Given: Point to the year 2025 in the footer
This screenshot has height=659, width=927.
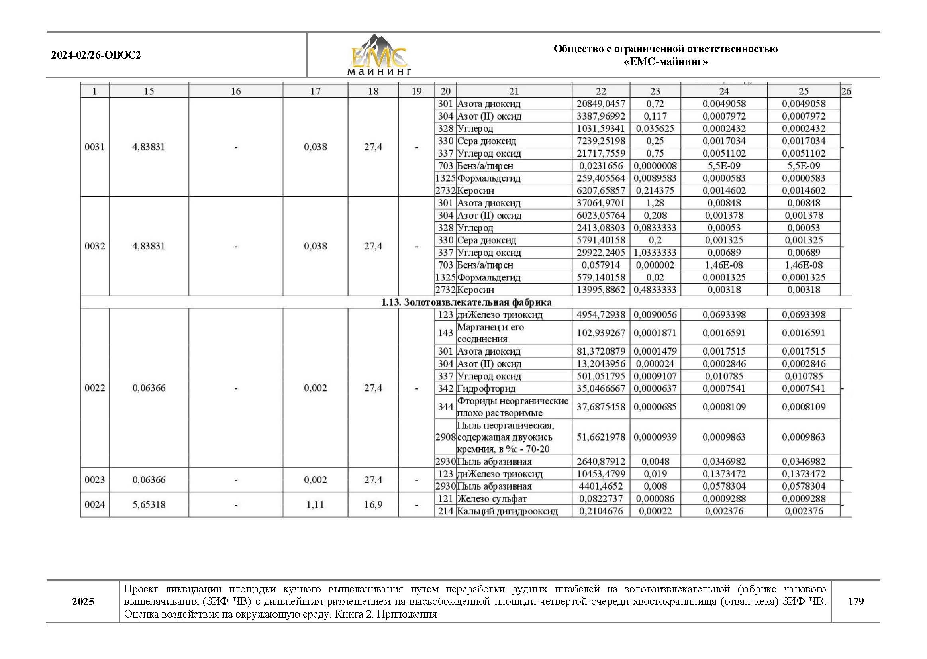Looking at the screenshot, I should (83, 601).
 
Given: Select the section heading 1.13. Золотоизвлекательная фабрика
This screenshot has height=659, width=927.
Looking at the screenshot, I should (466, 302).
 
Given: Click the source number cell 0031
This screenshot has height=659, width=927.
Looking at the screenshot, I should (94, 147).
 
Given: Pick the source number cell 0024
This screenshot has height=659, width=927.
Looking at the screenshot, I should (94, 504).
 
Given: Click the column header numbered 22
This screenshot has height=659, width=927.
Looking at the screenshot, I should (600, 91).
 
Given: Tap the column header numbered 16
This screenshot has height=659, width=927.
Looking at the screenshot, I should (236, 91).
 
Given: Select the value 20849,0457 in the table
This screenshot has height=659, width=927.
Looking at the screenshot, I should (600, 104).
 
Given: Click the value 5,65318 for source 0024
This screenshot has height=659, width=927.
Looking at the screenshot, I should (149, 504).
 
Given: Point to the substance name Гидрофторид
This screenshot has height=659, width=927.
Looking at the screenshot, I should (486, 389).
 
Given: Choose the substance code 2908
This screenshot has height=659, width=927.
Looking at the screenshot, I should (445, 437).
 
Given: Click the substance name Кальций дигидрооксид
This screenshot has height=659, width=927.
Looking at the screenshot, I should (507, 511).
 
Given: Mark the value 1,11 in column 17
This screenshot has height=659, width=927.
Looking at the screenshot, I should (315, 504).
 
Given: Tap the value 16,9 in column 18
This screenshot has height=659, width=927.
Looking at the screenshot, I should (373, 504).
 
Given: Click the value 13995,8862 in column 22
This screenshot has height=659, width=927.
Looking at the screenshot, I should (600, 290).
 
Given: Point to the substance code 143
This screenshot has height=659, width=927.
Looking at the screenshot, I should (445, 333).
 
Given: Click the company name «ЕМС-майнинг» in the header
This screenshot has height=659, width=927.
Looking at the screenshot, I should (665, 62).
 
